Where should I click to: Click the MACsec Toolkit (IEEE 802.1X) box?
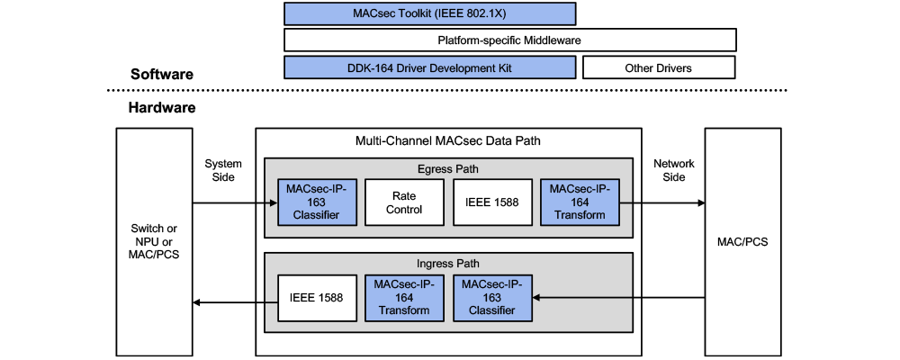pyautogui.click(x=429, y=13)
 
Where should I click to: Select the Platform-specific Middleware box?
pyautogui.click(x=509, y=40)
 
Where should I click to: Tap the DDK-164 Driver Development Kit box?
pyautogui.click(x=429, y=67)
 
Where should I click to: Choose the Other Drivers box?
pyautogui.click(x=659, y=67)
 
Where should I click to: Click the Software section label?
pyautogui.click(x=162, y=74)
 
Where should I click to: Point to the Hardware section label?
pyautogui.click(x=162, y=107)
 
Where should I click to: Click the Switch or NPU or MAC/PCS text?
pyautogui.click(x=152, y=242)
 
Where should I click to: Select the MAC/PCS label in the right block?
pyautogui.click(x=742, y=242)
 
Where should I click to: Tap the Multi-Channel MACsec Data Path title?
pyautogui.click(x=449, y=141)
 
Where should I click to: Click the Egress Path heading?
pyautogui.click(x=449, y=167)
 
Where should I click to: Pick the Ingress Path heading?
pyautogui.click(x=449, y=264)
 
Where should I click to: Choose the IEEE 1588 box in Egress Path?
pyautogui.click(x=493, y=202)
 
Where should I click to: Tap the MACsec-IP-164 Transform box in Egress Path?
pyautogui.click(x=580, y=202)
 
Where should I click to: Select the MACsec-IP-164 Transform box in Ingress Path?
pyautogui.click(x=404, y=297)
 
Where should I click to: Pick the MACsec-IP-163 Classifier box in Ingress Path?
pyautogui.click(x=492, y=297)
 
